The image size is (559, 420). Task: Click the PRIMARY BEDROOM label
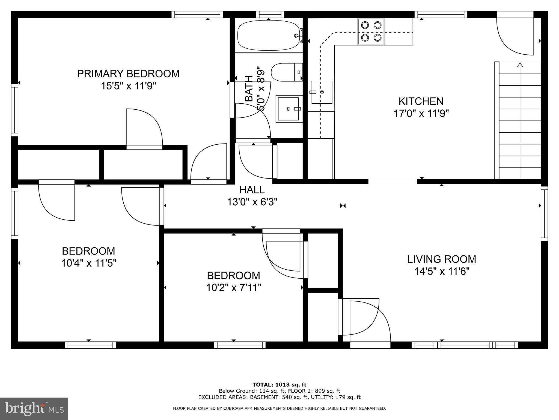pyautogui.click(x=128, y=74)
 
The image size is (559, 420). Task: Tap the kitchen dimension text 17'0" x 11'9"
pyautogui.click(x=421, y=113)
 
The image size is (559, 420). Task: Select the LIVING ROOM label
pyautogui.click(x=442, y=259)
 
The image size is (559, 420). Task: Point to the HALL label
pyautogui.click(x=252, y=190)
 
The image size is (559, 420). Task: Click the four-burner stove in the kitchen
pyautogui.click(x=371, y=31)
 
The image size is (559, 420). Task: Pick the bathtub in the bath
pyautogui.click(x=269, y=35)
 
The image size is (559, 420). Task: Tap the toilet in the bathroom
pyautogui.click(x=287, y=72)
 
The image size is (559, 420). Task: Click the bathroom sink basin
pyautogui.click(x=289, y=109)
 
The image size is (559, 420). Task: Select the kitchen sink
pyautogui.click(x=322, y=92)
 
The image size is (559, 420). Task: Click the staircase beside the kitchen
pyautogui.click(x=518, y=121)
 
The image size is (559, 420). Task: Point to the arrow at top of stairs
pyautogui.click(x=520, y=65)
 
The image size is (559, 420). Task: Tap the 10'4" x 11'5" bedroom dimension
pyautogui.click(x=89, y=263)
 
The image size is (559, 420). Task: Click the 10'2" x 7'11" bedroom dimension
pyautogui.click(x=234, y=288)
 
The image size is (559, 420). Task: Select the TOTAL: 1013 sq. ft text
pyautogui.click(x=279, y=385)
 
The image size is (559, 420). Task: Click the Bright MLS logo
pyautogui.click(x=34, y=409)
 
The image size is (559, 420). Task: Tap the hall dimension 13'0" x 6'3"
pyautogui.click(x=252, y=202)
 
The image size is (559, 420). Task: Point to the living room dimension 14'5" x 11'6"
pyautogui.click(x=442, y=272)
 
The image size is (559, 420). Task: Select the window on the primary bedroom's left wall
pyautogui.click(x=14, y=110)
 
